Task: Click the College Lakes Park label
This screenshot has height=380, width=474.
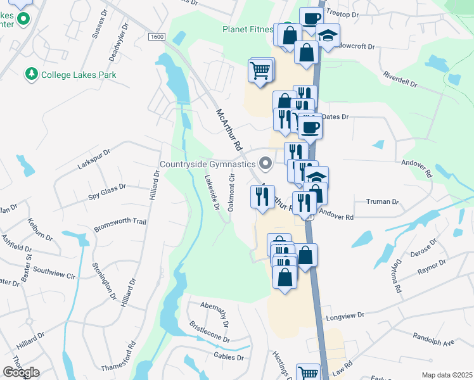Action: click(79, 75)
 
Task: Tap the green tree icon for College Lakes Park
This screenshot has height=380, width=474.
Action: click(31, 75)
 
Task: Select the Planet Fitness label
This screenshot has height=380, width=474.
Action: click(247, 29)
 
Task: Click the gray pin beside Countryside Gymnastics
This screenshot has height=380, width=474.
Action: click(266, 164)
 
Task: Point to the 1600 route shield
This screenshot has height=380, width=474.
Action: click(157, 37)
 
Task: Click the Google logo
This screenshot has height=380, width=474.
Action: click(20, 372)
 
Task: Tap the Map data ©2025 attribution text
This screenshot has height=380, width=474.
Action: click(447, 375)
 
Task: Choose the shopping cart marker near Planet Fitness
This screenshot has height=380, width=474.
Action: click(260, 72)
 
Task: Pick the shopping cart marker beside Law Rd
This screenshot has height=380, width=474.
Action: click(308, 374)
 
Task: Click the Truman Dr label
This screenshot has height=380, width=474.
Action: click(382, 202)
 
